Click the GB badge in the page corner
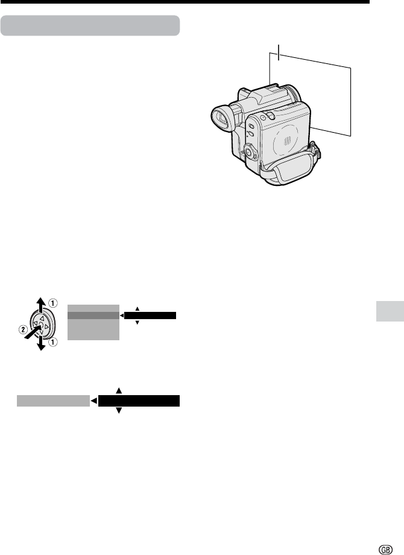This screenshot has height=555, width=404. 385,550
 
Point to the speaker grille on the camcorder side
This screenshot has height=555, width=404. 287,141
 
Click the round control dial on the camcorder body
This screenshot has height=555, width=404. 250,151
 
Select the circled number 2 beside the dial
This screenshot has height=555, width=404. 23,330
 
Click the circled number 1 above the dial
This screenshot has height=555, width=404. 52,303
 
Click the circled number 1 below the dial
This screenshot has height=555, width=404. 52,343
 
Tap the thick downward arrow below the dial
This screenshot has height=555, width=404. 42,341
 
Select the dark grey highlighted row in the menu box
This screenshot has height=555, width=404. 93,316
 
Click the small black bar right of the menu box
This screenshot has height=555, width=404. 150,316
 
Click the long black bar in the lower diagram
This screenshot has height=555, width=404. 139,401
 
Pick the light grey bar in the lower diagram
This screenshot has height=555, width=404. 54,401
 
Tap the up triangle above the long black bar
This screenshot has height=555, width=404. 119,391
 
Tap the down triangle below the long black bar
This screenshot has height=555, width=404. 119,411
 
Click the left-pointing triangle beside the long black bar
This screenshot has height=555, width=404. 93,401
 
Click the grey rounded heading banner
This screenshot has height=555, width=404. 90,25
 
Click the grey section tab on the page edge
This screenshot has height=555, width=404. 390,311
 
